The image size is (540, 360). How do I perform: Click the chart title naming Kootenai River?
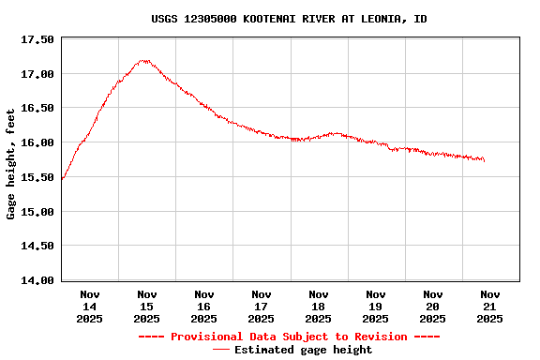289,19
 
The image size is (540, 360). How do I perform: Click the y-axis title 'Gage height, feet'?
11,164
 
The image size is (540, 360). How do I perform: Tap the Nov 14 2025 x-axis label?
90,307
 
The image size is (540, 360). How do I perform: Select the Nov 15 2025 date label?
147,307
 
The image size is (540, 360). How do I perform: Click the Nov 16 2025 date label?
204,307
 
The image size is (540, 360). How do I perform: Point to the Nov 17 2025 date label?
262,307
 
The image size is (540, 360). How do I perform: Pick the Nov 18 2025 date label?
319,307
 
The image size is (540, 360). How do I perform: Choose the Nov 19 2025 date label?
376,307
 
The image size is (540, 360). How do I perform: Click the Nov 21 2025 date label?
490,307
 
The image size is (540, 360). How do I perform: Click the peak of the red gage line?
143,61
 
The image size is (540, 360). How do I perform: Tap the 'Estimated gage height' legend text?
303,350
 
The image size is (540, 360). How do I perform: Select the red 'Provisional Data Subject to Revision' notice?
289,337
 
